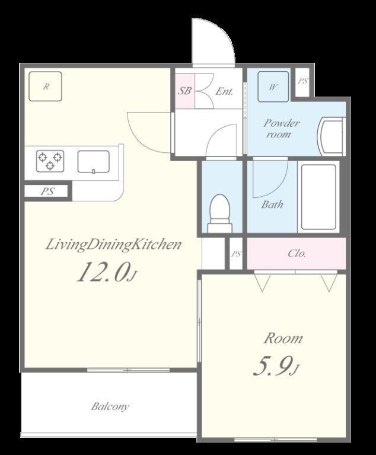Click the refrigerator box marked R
tap(45, 86)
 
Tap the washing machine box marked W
tap(273, 86)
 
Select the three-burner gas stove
tap(50, 161)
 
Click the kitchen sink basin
tap(94, 162)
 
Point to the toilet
tap(220, 213)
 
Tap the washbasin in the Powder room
tap(332, 136)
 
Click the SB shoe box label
tap(184, 91)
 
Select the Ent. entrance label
tap(224, 91)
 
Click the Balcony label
tap(110, 406)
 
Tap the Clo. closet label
tap(297, 254)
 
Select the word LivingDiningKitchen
tap(114, 245)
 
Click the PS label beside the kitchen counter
tap(47, 191)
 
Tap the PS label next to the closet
tap(236, 254)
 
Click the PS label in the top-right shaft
tap(302, 81)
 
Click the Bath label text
tap(272, 204)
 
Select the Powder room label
tap(281, 128)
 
